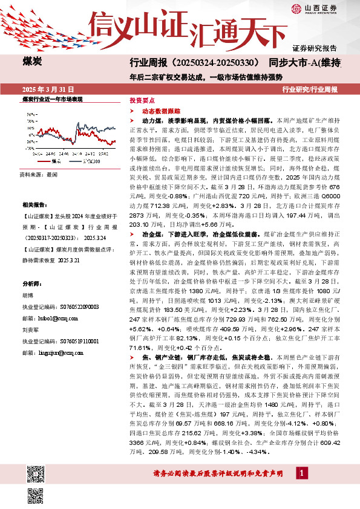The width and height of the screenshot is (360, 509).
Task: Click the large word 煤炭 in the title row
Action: pos(31,62)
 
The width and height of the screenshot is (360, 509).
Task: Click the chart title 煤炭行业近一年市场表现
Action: pos(52,99)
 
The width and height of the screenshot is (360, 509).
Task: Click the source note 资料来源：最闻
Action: pos(39,173)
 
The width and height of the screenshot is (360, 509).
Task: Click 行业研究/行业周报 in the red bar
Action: pos(310,89)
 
